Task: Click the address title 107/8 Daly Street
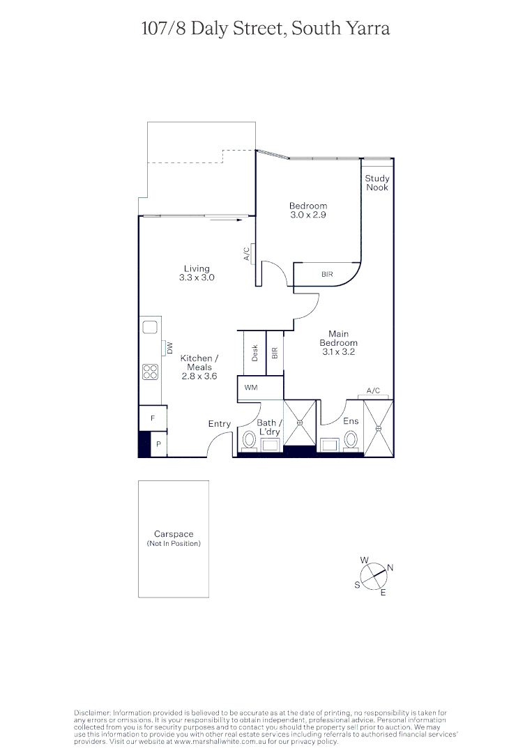[265, 29]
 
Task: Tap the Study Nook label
[377, 183]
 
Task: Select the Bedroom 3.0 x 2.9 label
[308, 211]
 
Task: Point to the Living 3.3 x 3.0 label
[197, 273]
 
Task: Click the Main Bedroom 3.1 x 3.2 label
[339, 343]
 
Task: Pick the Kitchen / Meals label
[199, 367]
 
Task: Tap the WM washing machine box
[251, 387]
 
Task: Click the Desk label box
[255, 353]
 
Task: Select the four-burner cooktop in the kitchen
[151, 372]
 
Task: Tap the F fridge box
[153, 418]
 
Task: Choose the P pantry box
[159, 444]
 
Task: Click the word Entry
[220, 424]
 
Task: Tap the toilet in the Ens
[351, 440]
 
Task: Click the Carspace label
[174, 534]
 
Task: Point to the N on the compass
[390, 568]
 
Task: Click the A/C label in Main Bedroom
[373, 391]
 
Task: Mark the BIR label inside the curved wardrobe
[327, 275]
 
